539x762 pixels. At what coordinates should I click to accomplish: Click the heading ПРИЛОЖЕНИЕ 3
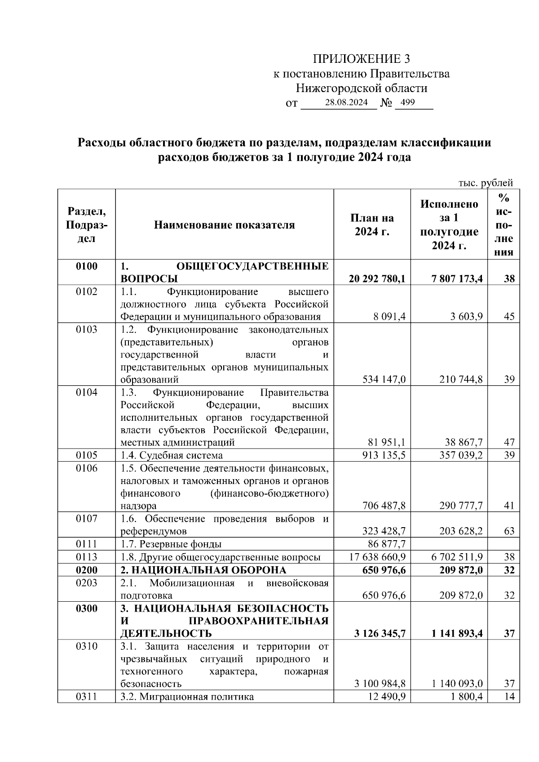(x=362, y=59)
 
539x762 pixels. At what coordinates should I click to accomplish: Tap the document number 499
(x=407, y=102)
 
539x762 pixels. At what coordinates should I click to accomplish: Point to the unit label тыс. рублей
(x=486, y=183)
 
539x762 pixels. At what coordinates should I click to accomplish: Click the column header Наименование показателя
(x=224, y=225)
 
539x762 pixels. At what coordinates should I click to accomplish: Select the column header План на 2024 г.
(x=372, y=225)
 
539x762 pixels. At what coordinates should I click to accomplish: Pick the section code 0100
(x=86, y=266)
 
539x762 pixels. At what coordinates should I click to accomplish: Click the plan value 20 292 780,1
(x=377, y=279)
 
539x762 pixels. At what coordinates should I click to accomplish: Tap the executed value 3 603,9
(x=467, y=317)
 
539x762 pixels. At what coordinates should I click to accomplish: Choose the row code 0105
(x=86, y=455)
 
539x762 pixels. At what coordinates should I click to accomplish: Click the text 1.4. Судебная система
(x=172, y=455)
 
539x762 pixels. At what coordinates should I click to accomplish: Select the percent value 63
(x=509, y=531)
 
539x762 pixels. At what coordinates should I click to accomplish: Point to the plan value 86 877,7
(x=387, y=544)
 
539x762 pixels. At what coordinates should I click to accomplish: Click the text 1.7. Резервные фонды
(x=171, y=544)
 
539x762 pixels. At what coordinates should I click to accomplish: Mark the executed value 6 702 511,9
(x=457, y=557)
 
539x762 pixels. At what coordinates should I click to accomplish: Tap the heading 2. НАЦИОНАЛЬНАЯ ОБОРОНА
(x=203, y=570)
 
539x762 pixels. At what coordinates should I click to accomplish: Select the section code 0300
(x=86, y=608)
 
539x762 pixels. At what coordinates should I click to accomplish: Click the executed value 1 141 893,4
(x=457, y=634)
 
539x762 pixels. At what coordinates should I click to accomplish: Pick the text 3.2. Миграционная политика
(x=187, y=697)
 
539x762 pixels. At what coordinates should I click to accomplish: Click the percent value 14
(x=509, y=697)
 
